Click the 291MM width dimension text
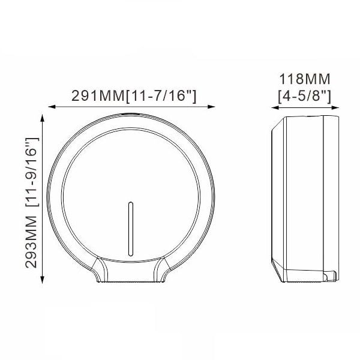coord(98,96)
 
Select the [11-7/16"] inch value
coord(161,96)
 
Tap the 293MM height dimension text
coord(31,242)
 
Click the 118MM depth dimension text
coord(304,79)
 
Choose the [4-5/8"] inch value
coord(304,96)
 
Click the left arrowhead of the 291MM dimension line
coord(52,107)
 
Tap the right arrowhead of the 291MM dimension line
coord(211,107)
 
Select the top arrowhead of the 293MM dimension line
coord(42,118)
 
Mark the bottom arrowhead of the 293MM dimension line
coord(42,280)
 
